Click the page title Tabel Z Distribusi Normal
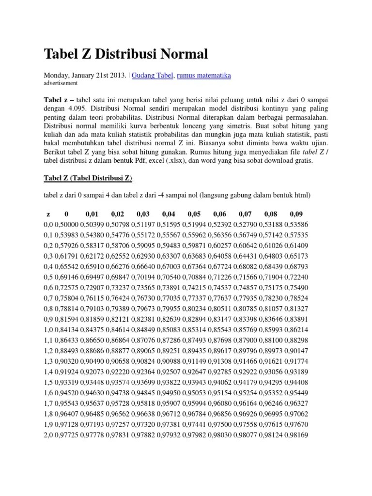pyautogui.click(x=126, y=54)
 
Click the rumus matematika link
pyautogui.click(x=204, y=75)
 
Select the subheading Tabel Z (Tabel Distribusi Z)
pyautogui.click(x=88, y=178)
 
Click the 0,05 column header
pyautogui.click(x=194, y=214)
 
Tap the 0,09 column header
pyautogui.click(x=296, y=214)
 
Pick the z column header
pyautogui.click(x=48, y=214)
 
